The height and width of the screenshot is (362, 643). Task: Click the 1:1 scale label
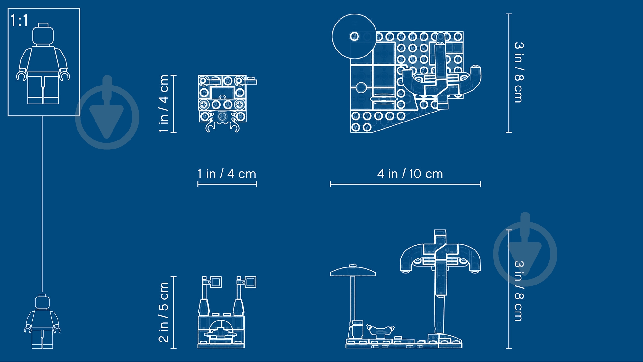[x=19, y=21]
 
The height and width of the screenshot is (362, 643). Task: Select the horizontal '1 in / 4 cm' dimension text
[x=227, y=174]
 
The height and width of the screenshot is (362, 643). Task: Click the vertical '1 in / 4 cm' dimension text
[x=163, y=104]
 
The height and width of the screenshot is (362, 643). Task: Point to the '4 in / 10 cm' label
[x=410, y=174]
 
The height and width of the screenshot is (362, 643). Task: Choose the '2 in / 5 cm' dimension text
[x=163, y=312]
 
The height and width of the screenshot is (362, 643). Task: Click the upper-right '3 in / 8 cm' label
[x=519, y=72]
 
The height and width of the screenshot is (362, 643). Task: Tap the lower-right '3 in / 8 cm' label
[x=519, y=291]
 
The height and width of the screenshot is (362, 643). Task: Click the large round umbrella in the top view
[x=354, y=36]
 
